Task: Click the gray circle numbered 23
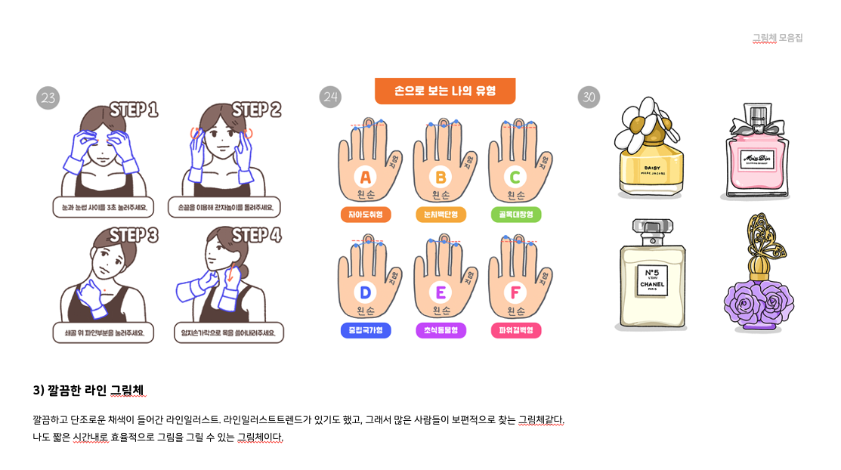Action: click(x=48, y=97)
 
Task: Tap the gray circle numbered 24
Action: click(x=330, y=97)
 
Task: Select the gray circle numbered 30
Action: click(x=589, y=97)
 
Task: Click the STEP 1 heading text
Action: click(x=134, y=110)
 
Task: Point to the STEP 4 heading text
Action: click(x=256, y=235)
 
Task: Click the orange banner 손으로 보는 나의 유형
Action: click(x=444, y=91)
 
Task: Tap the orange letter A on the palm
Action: click(x=366, y=178)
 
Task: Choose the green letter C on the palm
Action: click(x=515, y=178)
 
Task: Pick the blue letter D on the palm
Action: click(x=366, y=292)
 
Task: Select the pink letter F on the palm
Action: click(x=515, y=292)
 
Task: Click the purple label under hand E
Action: click(x=441, y=331)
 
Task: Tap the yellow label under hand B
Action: click(x=441, y=215)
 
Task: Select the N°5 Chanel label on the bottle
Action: click(x=651, y=279)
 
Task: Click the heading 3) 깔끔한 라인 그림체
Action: click(x=88, y=390)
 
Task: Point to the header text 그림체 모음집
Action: click(x=777, y=38)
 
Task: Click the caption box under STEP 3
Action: click(x=104, y=332)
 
